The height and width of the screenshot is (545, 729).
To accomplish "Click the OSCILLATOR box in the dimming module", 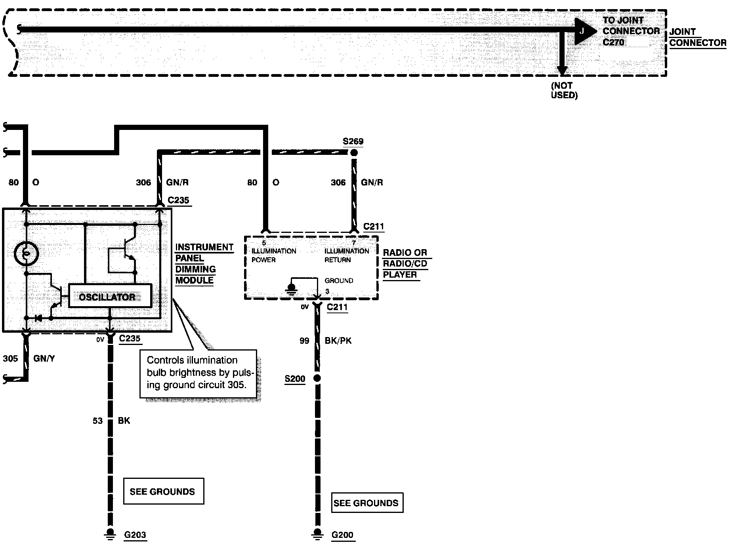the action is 110,296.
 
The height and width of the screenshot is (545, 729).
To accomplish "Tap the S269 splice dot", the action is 354,152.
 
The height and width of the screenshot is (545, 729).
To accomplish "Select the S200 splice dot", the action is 317,378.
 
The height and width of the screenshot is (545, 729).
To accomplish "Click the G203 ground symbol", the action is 111,534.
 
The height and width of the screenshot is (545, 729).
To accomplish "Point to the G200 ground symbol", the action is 317,534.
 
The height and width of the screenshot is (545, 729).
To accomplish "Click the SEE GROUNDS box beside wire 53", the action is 164,491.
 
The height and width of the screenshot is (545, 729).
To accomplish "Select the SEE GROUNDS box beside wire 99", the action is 367,503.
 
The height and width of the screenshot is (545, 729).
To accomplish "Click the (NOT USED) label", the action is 564,90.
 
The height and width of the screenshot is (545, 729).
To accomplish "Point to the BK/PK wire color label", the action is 338,341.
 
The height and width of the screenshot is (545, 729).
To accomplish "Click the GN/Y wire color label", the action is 44,358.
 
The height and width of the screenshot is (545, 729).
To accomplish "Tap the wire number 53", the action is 98,421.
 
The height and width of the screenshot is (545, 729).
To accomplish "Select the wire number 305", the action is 10,358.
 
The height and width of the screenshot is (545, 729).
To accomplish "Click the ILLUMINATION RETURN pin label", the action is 347,255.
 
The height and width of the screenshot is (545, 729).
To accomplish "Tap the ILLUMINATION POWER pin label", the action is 274,255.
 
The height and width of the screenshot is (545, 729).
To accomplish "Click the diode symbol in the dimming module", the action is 38,318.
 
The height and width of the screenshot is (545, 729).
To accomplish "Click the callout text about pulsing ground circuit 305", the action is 198,373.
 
